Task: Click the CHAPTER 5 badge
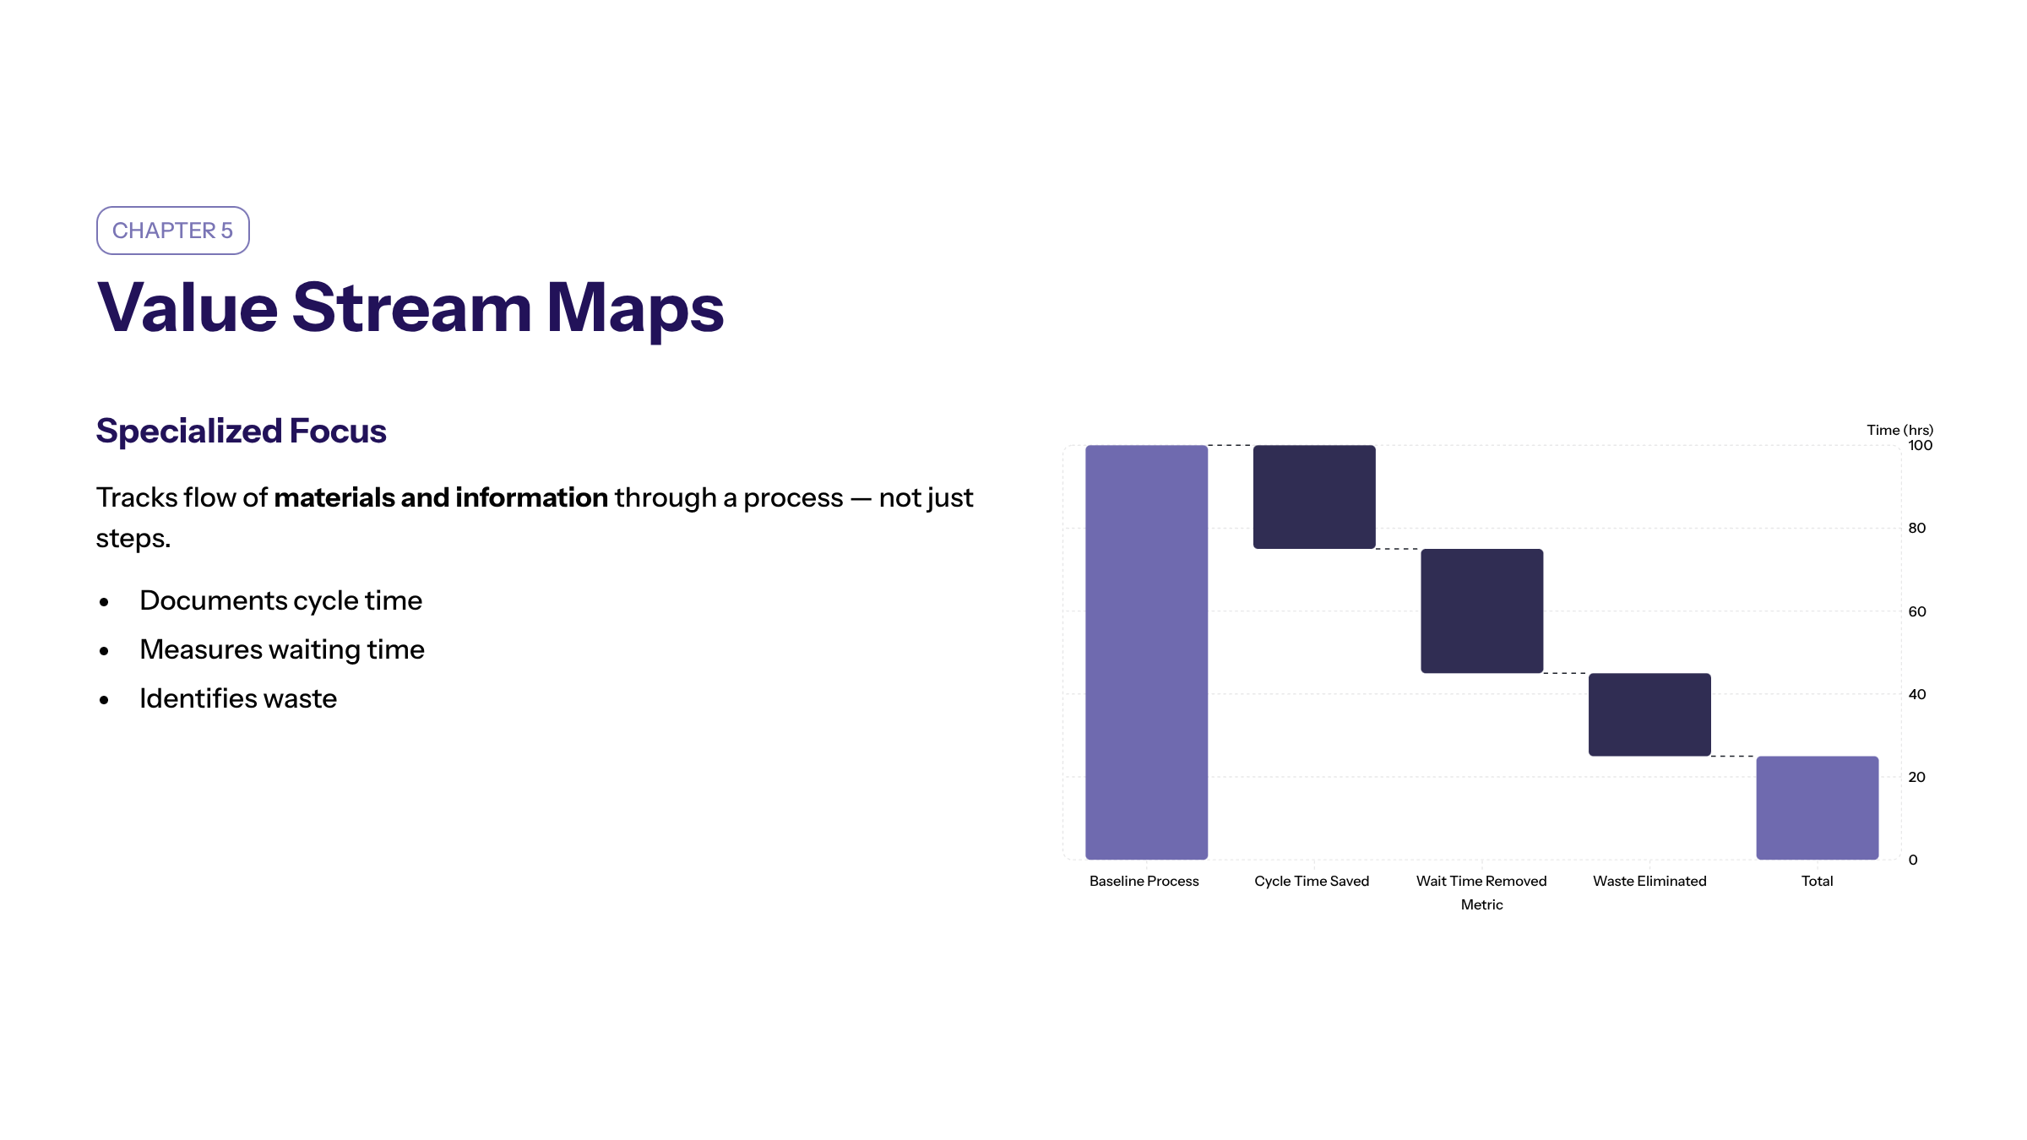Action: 173,231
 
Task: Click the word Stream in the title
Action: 412,307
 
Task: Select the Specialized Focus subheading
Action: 242,431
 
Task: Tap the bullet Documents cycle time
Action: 280,600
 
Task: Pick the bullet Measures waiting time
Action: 282,649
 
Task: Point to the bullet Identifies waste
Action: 238,698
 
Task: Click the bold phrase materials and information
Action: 441,497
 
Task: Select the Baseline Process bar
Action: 1146,652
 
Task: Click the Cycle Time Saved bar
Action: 1314,497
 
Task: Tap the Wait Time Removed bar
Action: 1482,611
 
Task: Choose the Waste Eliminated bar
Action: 1649,714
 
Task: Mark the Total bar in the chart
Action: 1818,808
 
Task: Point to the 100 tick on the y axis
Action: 1920,445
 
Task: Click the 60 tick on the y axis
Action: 1917,611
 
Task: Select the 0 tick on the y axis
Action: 1913,860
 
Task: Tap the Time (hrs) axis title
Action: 1899,430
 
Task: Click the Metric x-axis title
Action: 1482,904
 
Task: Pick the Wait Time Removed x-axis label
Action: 1481,881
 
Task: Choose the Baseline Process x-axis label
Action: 1144,881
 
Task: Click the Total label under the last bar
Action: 1818,881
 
